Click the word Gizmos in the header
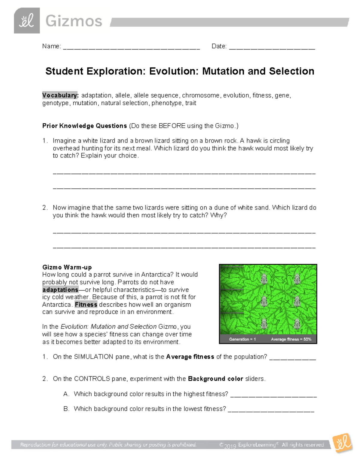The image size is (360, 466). pos(74,21)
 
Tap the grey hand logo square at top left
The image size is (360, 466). pos(27,21)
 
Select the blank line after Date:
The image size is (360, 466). pos(272,47)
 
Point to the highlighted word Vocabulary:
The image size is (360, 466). pos(60,95)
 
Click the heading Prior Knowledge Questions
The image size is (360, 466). pos(85,126)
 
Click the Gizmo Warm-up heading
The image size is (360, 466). pos(67,267)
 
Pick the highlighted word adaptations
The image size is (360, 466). pos(60,290)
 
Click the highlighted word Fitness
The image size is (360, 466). pos(86,305)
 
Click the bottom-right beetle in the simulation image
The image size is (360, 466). pos(297,324)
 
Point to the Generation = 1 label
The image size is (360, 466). pos(242,339)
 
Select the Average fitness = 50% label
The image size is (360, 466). pos(291,339)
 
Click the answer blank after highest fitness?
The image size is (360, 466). pos(273,395)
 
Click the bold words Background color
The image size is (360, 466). pos(215,379)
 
